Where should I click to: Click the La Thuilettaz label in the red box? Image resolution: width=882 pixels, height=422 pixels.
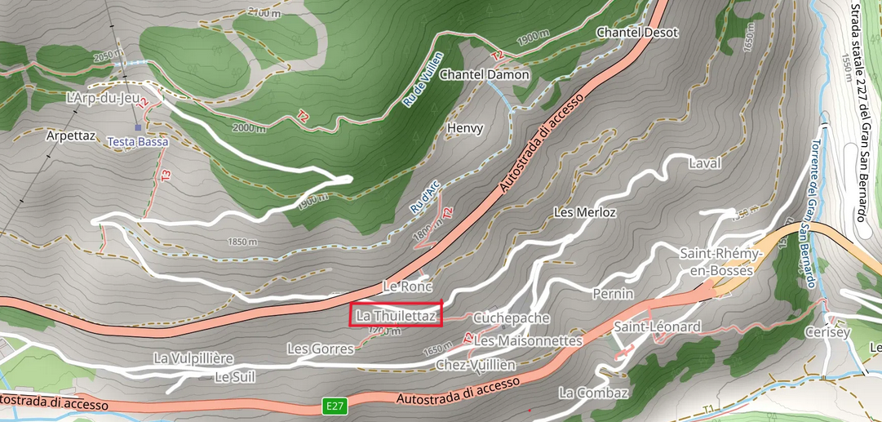coord(396,315)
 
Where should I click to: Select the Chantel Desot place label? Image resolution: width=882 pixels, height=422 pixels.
coord(638,32)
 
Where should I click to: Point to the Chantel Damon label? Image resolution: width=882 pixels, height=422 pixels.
coord(485,74)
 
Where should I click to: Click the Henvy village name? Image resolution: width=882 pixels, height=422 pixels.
coord(465,128)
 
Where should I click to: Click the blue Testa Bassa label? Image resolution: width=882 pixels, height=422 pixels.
coord(138,142)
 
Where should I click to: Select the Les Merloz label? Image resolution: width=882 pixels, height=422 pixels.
coord(584,212)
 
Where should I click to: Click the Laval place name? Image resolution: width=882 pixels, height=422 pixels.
coord(705,163)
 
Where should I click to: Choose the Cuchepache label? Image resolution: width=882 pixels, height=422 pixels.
coord(512,318)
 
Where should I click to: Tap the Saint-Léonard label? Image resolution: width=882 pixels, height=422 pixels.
coord(658,326)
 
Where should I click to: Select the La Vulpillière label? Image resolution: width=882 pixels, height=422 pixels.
coord(194,358)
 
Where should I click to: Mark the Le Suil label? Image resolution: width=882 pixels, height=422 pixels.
coord(235,377)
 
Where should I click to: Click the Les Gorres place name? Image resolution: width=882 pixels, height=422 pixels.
coord(321,349)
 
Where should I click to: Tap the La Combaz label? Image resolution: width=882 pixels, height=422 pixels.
coord(594,393)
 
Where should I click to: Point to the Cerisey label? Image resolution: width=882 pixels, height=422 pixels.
coord(827,332)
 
